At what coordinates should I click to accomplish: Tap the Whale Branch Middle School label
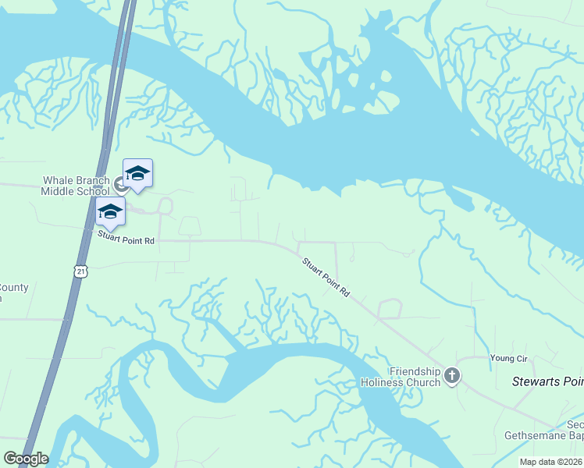(x=76, y=186)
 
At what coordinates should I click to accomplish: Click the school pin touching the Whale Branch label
(x=138, y=175)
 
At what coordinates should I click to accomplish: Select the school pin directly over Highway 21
(x=110, y=212)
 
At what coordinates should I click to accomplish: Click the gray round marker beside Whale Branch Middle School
(x=121, y=184)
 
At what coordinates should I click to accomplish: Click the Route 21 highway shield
(x=81, y=271)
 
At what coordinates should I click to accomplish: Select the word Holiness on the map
(x=382, y=382)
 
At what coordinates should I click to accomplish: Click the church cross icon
(x=452, y=378)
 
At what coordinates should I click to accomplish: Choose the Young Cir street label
(x=509, y=358)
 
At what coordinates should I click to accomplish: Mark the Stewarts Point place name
(x=547, y=381)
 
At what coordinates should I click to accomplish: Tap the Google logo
(x=26, y=459)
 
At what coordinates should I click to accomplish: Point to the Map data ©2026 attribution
(x=551, y=462)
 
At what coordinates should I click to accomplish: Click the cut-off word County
(x=14, y=288)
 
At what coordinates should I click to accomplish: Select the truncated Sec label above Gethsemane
(x=575, y=425)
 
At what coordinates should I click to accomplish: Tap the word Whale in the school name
(x=58, y=181)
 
